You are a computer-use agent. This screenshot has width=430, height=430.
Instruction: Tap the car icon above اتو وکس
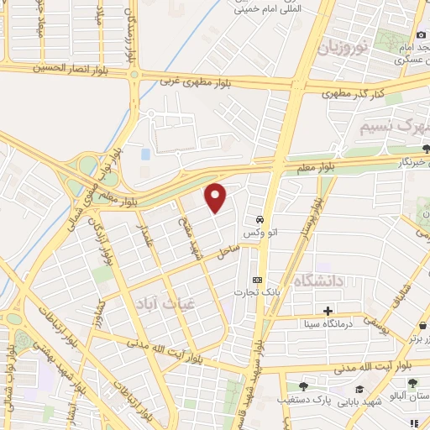(262, 216)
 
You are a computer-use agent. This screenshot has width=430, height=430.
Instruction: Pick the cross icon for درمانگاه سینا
(328, 311)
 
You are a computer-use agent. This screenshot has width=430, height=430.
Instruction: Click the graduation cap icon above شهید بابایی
(360, 389)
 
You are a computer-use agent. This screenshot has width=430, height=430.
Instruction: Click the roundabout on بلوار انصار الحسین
(134, 75)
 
